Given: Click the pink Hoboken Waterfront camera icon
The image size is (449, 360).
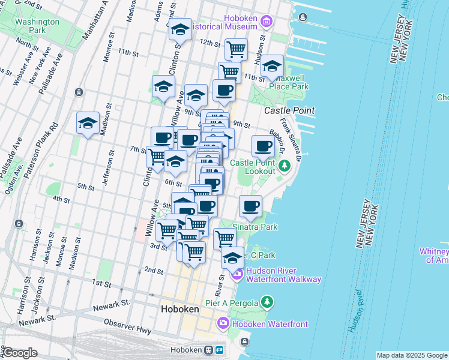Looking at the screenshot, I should pos(223,324).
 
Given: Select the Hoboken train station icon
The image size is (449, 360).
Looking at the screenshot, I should pos(209,350).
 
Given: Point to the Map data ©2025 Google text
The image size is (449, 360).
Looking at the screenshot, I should pos(412,355).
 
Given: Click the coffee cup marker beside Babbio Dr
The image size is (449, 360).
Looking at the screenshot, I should pos(263,145).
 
